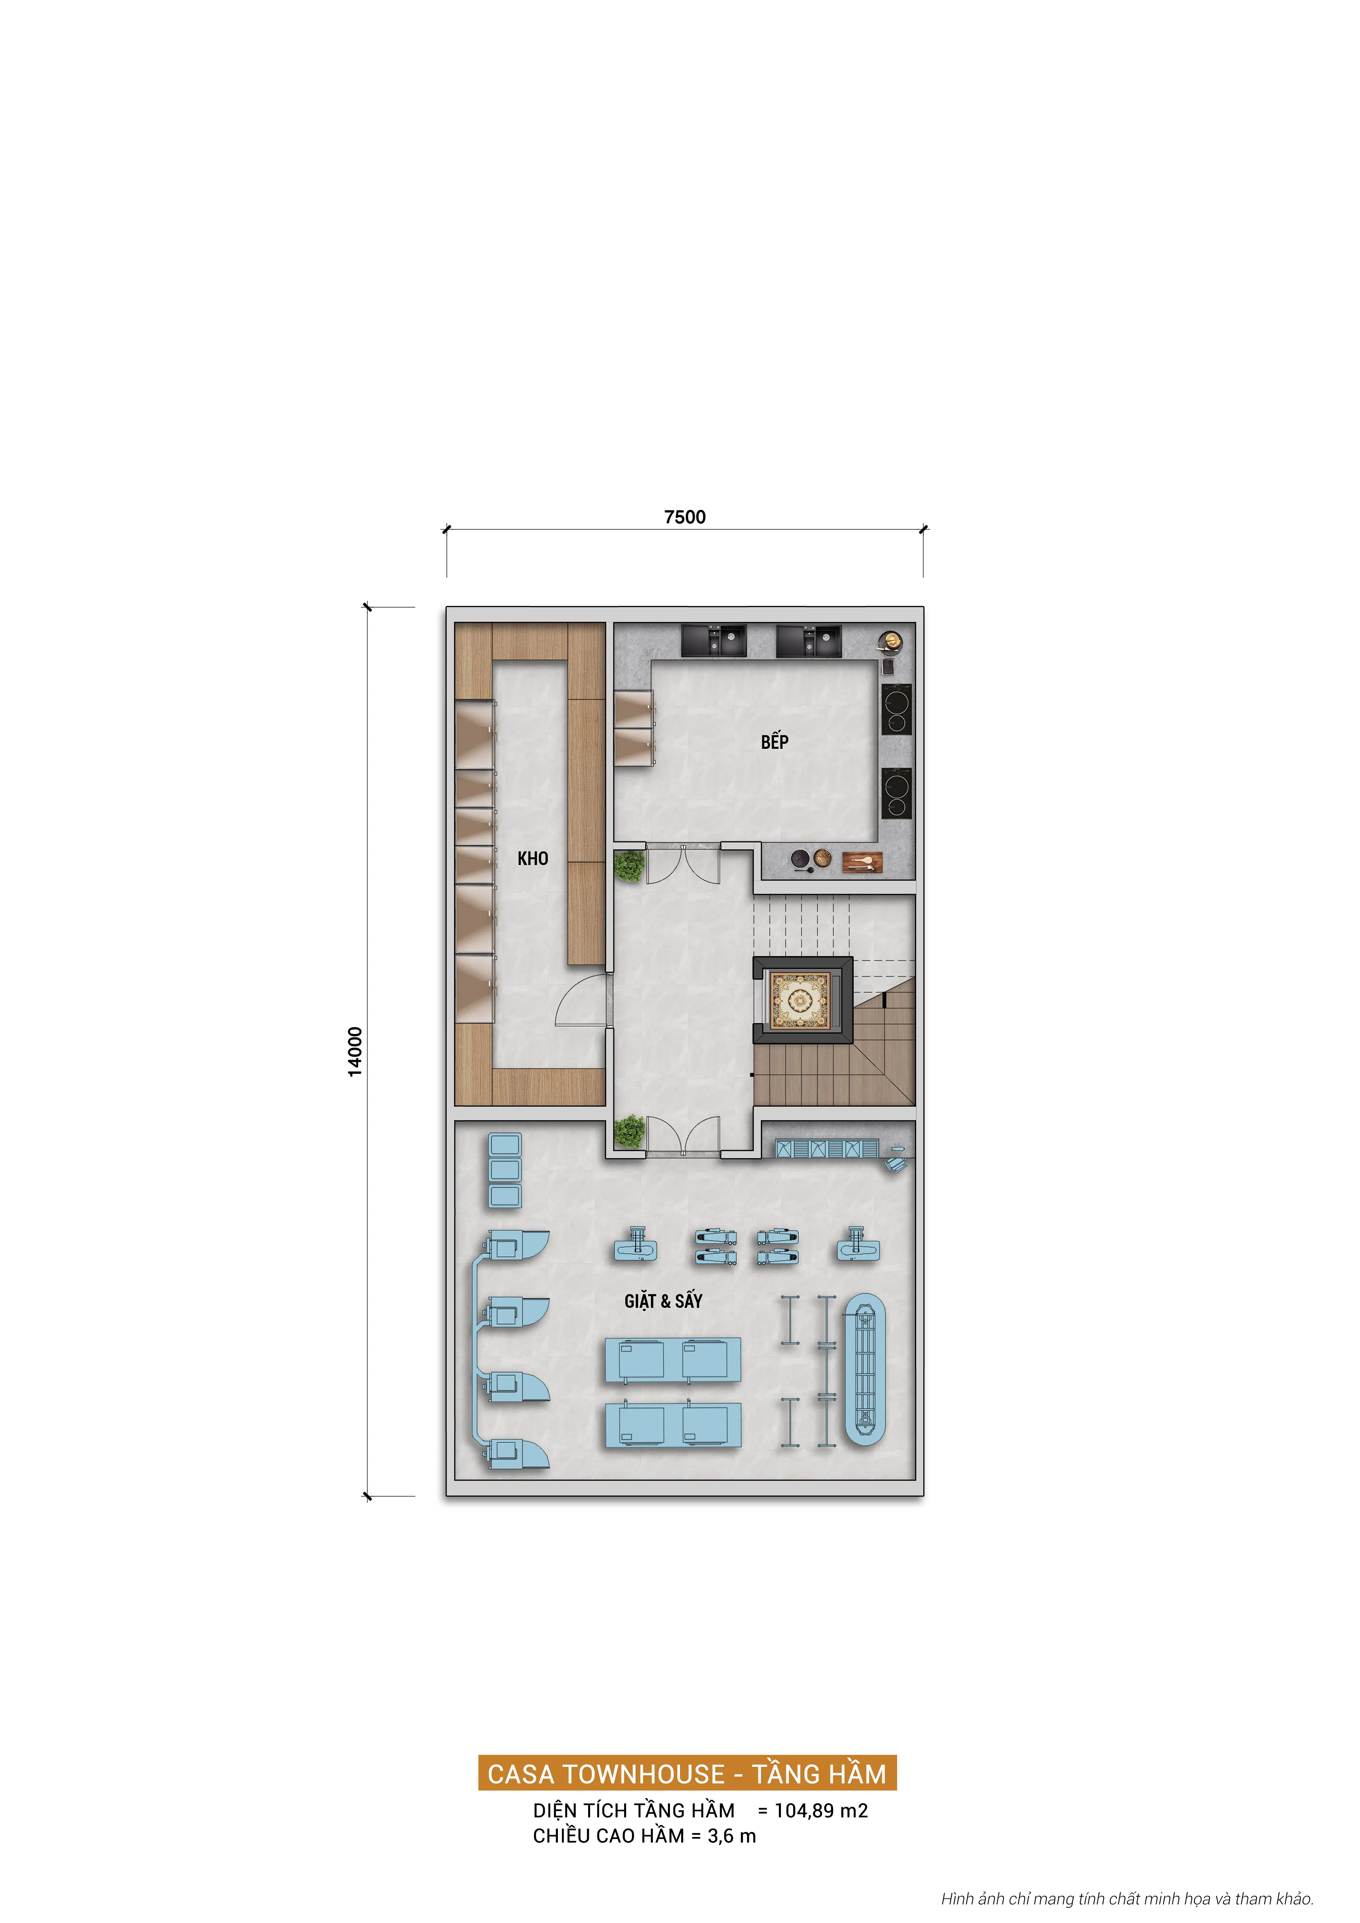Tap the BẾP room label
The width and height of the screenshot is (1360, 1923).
click(774, 741)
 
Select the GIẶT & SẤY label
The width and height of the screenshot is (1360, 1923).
click(663, 1301)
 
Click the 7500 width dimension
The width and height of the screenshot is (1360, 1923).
click(685, 517)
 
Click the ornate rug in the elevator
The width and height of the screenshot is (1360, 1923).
click(800, 999)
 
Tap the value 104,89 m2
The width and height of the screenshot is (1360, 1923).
click(821, 1811)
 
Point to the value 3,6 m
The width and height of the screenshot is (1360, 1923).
click(732, 1836)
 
